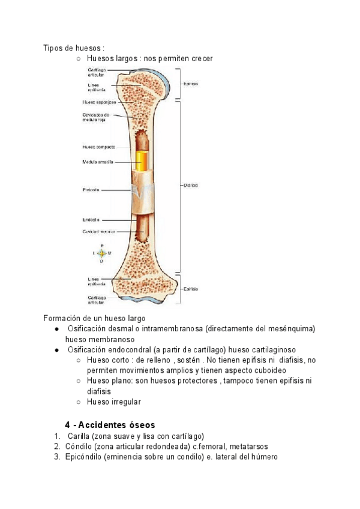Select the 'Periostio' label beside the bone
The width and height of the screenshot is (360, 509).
tap(91, 190)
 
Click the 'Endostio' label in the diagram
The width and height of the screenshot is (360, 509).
tap(91, 219)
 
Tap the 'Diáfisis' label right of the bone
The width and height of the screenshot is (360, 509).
tap(191, 185)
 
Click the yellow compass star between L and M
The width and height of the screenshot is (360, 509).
tap(101, 254)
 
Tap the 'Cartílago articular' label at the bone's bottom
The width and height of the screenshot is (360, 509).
tap(97, 299)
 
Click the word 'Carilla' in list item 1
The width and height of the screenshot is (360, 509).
tap(79, 436)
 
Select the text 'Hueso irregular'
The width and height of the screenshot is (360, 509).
tap(114, 402)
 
